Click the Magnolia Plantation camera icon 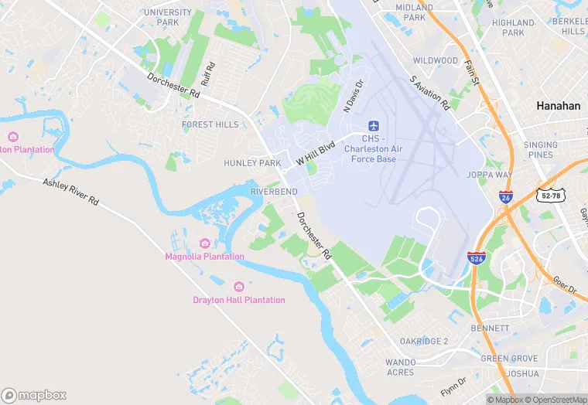[x=205, y=243]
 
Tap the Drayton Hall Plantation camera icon [x=238, y=287]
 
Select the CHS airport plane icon [x=374, y=125]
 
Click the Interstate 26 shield [x=505, y=197]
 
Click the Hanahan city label [x=558, y=107]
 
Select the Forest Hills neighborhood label [x=210, y=124]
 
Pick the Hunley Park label [x=252, y=163]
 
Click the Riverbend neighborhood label [x=274, y=191]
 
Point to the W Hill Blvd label [x=315, y=151]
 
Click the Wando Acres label [x=401, y=367]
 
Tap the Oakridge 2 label [x=424, y=341]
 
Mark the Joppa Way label [x=490, y=175]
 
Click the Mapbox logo [x=34, y=395]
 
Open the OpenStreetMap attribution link [x=556, y=400]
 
